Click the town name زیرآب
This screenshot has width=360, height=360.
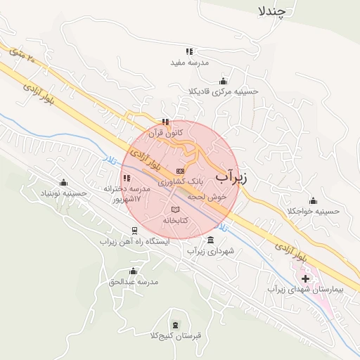[x=230, y=176]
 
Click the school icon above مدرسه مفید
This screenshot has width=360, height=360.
[x=188, y=51]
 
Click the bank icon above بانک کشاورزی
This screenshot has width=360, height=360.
[x=181, y=171]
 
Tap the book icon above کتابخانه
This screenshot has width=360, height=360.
[x=175, y=210]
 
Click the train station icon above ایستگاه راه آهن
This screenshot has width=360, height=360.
[x=134, y=230]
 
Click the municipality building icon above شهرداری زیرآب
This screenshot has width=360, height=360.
[x=211, y=240]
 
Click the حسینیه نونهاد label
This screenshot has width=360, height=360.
[x=64, y=193]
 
